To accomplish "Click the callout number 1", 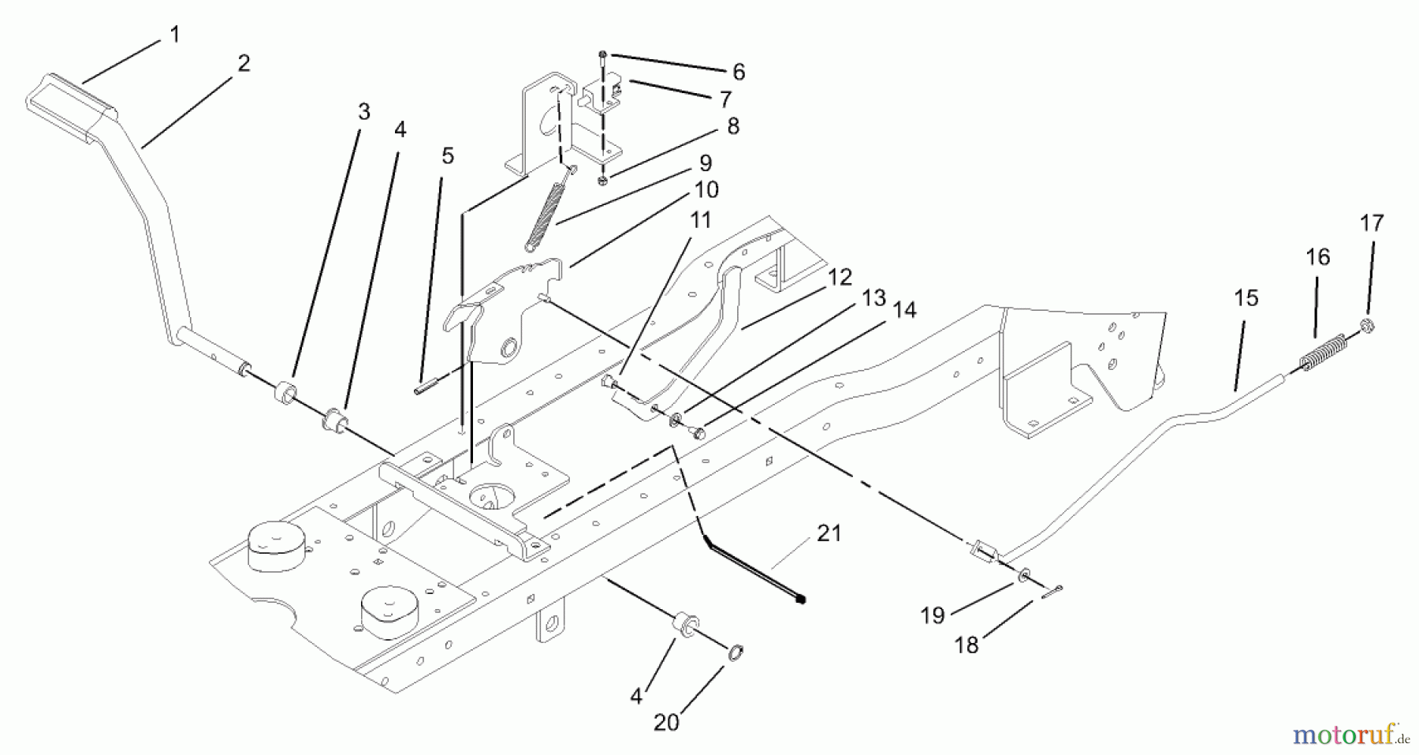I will [x=174, y=35].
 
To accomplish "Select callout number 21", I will [x=829, y=533].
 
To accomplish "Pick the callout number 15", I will [x=1246, y=298].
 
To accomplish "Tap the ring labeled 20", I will [x=732, y=652].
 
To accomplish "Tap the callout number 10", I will [x=706, y=190].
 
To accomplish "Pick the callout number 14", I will [x=905, y=310].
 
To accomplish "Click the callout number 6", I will [x=738, y=72].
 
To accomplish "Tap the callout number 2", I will [x=244, y=64].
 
